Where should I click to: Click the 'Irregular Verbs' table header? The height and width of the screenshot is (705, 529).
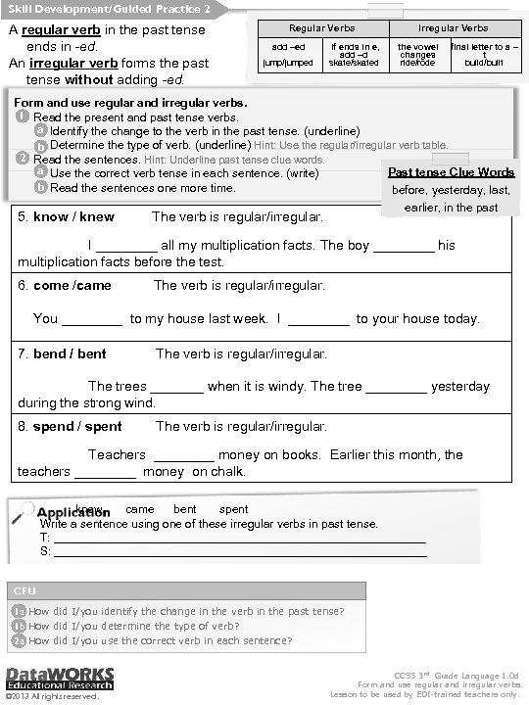pyautogui.click(x=453, y=28)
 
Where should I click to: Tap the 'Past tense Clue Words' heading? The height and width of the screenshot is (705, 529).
pyautogui.click(x=451, y=172)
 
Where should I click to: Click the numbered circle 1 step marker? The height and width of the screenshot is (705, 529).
pyautogui.click(x=23, y=117)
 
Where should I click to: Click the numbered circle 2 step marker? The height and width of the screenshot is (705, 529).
pyautogui.click(x=23, y=158)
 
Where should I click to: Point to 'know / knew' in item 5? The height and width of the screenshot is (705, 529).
pyautogui.click(x=73, y=216)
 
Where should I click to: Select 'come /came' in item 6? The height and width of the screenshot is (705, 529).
pyautogui.click(x=72, y=286)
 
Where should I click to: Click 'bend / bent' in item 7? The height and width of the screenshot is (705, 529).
pyautogui.click(x=70, y=353)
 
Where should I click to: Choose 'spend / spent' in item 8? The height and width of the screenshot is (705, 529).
pyautogui.click(x=77, y=427)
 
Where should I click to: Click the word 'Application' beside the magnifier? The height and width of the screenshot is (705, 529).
pyautogui.click(x=73, y=512)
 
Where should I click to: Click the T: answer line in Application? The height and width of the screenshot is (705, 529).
pyautogui.click(x=239, y=539)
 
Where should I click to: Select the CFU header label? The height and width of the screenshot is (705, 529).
pyautogui.click(x=24, y=590)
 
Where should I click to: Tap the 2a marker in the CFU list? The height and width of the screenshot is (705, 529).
pyautogui.click(x=19, y=640)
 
